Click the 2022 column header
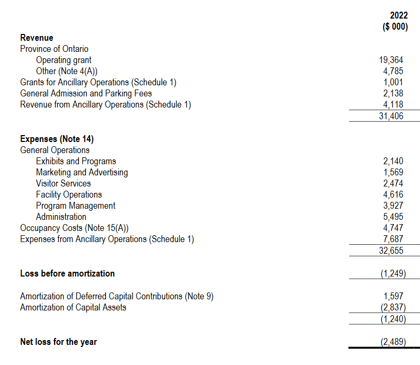point(395,16)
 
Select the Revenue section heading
point(37,38)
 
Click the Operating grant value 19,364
point(392,60)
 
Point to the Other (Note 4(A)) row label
point(66,71)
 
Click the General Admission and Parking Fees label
point(86,93)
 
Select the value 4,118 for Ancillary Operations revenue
point(393,105)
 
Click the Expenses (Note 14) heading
point(57,139)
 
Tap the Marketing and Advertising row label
point(82,172)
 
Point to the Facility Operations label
point(69,194)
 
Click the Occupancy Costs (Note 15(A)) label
point(74,228)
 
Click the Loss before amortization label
point(67,273)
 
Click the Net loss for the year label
point(58,342)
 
